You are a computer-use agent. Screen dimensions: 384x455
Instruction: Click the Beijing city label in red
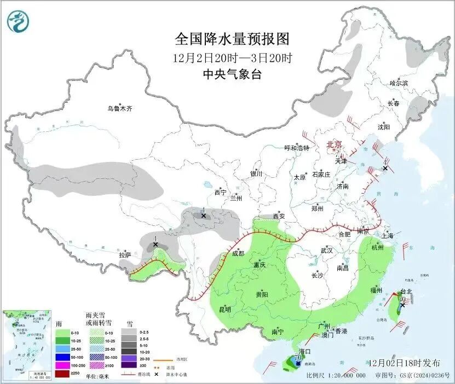click(x=334, y=144)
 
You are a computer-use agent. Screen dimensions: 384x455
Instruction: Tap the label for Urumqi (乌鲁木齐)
click(x=119, y=108)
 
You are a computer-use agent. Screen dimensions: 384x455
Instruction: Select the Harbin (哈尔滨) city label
click(x=399, y=83)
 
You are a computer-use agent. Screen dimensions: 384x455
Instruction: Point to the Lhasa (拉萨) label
click(x=125, y=255)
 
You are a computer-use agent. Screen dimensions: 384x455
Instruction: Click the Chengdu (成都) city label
click(x=238, y=253)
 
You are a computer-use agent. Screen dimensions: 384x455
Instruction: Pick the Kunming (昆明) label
click(x=224, y=309)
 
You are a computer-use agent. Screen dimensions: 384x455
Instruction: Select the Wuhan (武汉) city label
click(x=327, y=250)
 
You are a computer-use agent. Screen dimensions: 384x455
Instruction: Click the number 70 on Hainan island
click(x=298, y=357)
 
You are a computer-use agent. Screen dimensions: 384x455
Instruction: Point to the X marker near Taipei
click(x=402, y=305)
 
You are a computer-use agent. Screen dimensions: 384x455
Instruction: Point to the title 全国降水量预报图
click(x=232, y=39)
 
